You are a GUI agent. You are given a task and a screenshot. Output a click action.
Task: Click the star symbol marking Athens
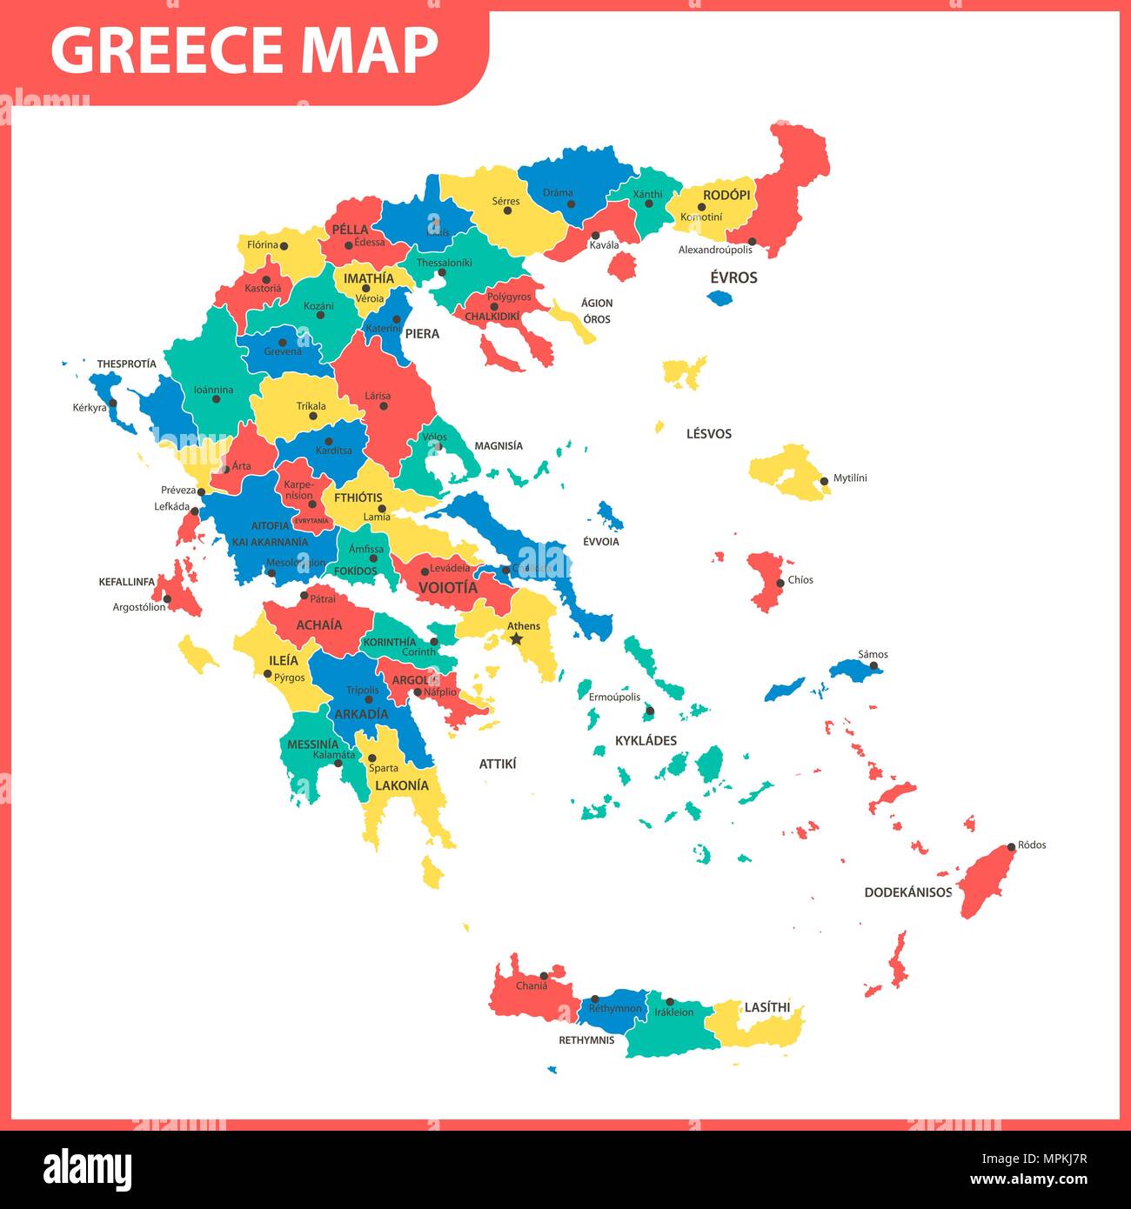pyautogui.click(x=517, y=639)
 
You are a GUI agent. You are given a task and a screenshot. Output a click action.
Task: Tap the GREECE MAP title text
pyautogui.click(x=244, y=50)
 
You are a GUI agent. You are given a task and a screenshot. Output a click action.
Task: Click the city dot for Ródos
pyautogui.click(x=1011, y=846)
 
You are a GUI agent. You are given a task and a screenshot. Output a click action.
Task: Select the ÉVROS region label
pyautogui.click(x=733, y=277)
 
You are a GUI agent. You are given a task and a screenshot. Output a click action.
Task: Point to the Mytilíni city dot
pyautogui.click(x=824, y=480)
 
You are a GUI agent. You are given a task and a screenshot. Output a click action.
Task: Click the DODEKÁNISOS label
pyautogui.click(x=907, y=892)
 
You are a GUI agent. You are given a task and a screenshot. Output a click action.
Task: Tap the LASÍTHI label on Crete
pyautogui.click(x=766, y=1007)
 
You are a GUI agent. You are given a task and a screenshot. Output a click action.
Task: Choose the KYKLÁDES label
pyautogui.click(x=646, y=741)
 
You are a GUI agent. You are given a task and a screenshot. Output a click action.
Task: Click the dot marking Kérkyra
pyautogui.click(x=112, y=403)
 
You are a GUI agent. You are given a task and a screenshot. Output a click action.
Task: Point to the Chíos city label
pyautogui.click(x=800, y=580)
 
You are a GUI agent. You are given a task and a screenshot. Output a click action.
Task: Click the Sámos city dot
pyautogui.click(x=874, y=666)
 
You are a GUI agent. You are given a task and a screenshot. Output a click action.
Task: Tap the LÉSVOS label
pyautogui.click(x=708, y=434)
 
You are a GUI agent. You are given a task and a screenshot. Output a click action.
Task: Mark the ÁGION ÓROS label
pyautogui.click(x=597, y=311)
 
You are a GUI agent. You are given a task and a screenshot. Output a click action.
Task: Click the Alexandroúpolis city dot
pyautogui.click(x=752, y=242)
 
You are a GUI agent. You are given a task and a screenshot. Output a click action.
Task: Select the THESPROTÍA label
pyautogui.click(x=127, y=364)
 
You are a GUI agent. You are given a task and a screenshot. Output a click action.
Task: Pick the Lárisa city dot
pyautogui.click(x=384, y=406)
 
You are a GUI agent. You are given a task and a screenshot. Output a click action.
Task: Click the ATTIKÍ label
pyautogui.click(x=498, y=764)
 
